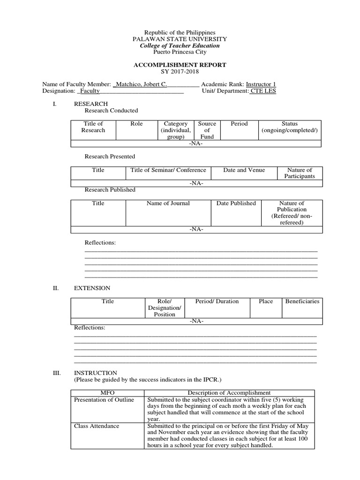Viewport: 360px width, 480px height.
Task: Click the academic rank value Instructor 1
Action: tap(261, 84)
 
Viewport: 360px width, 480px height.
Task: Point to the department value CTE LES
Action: tap(263, 91)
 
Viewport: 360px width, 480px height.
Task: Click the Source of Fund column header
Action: tap(207, 130)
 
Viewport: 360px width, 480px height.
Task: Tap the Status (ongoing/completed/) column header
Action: tap(289, 127)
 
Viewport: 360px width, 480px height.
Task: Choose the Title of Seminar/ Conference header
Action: tap(168, 170)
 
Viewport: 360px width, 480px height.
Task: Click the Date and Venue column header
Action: tap(244, 170)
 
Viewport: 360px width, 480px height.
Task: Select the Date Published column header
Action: tap(236, 203)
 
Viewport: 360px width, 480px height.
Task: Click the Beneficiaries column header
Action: tap(302, 301)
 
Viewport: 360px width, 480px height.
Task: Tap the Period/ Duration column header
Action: tap(217, 301)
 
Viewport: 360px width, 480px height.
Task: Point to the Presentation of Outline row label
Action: tap(104, 399)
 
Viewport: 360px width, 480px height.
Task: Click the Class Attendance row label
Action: tap(97, 426)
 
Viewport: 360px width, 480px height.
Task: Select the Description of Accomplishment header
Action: tap(229, 393)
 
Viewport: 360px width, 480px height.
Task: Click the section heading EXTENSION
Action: tap(92, 288)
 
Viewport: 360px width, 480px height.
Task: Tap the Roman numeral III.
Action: tap(57, 373)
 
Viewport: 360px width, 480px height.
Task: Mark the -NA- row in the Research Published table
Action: tap(196, 230)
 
